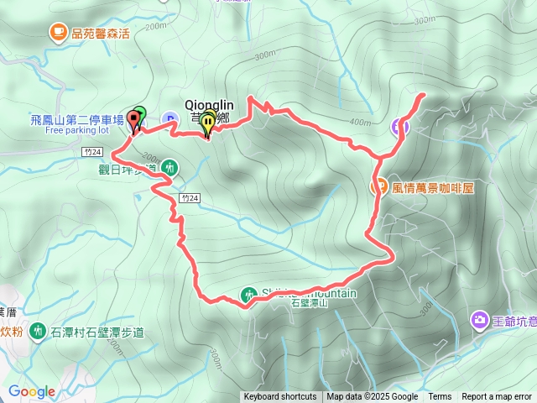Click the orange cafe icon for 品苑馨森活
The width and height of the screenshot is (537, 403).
(x=58, y=33)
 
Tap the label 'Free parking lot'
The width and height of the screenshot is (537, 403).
(x=78, y=130)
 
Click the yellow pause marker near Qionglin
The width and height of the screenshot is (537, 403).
(x=207, y=123)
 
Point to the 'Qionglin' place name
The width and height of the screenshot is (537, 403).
(x=209, y=105)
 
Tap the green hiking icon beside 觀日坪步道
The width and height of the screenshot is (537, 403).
(x=169, y=167)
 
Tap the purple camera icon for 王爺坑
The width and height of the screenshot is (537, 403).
(x=480, y=319)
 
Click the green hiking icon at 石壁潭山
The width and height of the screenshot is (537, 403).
(x=249, y=295)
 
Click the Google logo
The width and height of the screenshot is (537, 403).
(x=32, y=392)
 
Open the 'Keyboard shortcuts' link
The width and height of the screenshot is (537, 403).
(x=280, y=397)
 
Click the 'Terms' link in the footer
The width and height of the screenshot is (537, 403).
(x=440, y=397)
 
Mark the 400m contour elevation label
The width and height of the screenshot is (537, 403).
(x=360, y=123)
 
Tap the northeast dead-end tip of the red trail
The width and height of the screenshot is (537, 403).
(x=421, y=94)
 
